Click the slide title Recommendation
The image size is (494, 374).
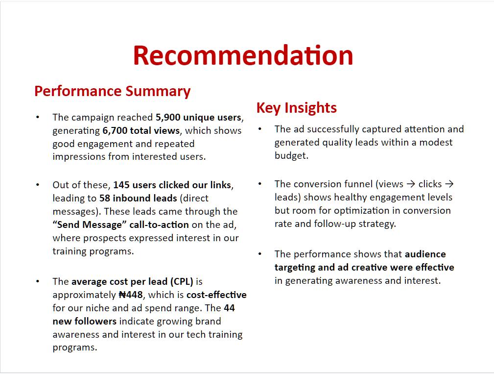point(243,55)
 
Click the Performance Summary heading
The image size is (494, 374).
point(113,92)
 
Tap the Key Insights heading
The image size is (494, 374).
point(297,108)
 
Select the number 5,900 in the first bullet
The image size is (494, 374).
point(168,117)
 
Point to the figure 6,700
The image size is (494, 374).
point(115,130)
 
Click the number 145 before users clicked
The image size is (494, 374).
point(121,185)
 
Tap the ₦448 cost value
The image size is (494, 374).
point(130,295)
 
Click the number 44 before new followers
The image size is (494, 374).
point(229,308)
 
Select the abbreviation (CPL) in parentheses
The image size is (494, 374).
point(182,282)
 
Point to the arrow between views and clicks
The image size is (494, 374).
point(411,184)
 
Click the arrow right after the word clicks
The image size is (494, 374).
point(449,184)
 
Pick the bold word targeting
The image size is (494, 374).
point(295,268)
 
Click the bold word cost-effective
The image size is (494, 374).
point(216,295)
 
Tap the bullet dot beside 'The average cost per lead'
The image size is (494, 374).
point(38,281)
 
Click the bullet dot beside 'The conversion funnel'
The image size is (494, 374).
point(260,183)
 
